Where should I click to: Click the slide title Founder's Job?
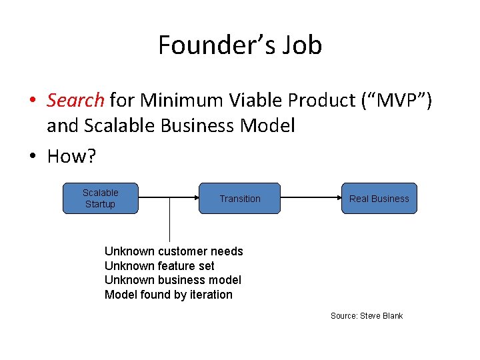click(x=240, y=45)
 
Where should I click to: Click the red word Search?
click(x=75, y=101)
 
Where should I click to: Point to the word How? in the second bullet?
click(x=71, y=157)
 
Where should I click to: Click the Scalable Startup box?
click(x=100, y=198)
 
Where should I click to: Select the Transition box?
click(x=240, y=198)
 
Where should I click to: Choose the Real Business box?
click(x=379, y=198)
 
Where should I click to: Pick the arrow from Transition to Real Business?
click(x=311, y=198)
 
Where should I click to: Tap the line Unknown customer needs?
click(x=174, y=251)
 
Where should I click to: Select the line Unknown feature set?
click(x=159, y=266)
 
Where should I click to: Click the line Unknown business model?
click(x=173, y=280)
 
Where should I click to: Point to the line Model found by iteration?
click(x=169, y=295)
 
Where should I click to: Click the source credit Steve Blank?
click(x=367, y=315)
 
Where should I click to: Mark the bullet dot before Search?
click(x=32, y=101)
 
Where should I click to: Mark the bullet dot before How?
click(x=32, y=157)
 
